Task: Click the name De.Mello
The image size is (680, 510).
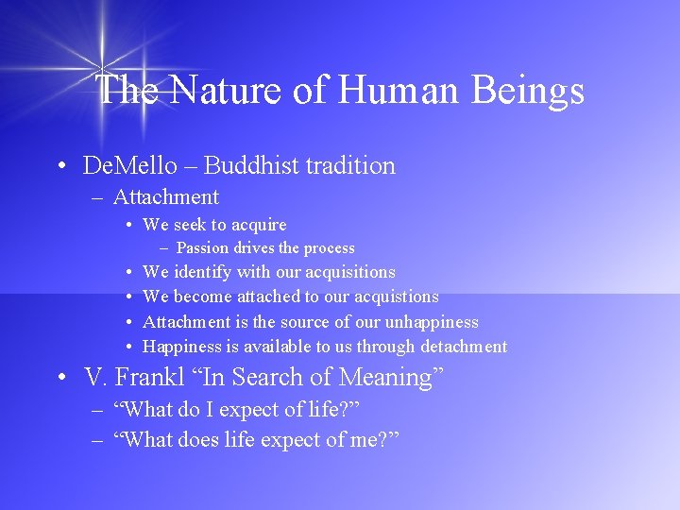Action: (x=129, y=166)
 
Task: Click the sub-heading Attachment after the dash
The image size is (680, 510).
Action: (x=165, y=197)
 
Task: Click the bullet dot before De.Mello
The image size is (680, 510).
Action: (x=60, y=167)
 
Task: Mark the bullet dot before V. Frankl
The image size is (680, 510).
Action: (x=60, y=379)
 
